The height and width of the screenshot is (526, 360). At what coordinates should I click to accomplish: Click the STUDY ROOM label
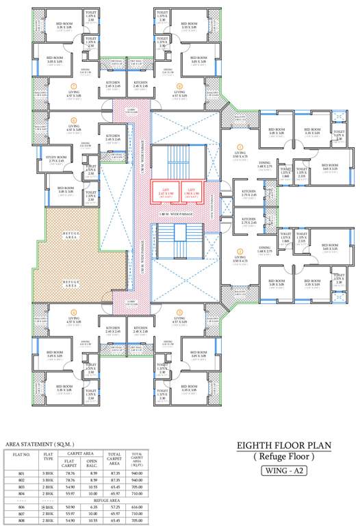point(56,160)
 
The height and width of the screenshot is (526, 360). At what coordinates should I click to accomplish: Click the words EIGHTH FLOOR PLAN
point(283,445)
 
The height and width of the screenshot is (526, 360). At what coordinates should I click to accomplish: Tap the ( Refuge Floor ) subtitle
point(283,457)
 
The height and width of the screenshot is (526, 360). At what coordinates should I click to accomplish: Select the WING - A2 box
point(283,471)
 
